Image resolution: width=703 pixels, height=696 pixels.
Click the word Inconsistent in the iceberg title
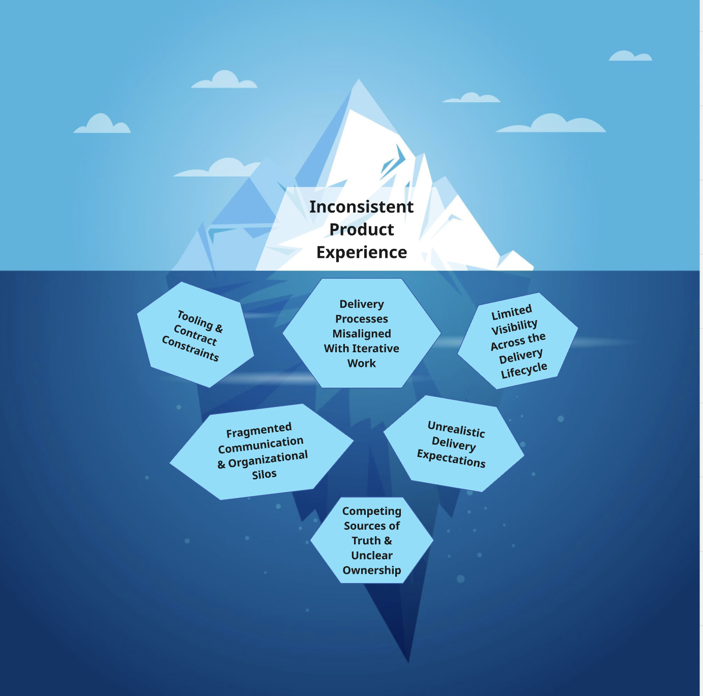click(x=361, y=207)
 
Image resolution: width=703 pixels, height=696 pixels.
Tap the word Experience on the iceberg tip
click(x=362, y=252)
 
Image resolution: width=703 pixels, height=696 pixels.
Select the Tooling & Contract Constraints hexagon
click(x=195, y=334)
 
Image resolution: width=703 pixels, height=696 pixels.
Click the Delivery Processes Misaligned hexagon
click(x=362, y=333)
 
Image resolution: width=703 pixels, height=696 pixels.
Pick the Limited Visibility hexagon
click(x=518, y=341)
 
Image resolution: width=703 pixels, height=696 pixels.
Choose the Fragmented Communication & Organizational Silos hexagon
click(x=261, y=451)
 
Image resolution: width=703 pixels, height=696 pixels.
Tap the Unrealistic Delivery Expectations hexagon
click(x=454, y=444)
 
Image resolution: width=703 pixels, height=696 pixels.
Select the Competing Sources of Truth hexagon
click(x=372, y=540)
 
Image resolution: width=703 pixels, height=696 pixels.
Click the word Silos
click(x=264, y=474)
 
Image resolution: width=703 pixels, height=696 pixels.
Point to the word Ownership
click(x=372, y=570)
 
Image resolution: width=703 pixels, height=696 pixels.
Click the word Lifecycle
click(x=524, y=370)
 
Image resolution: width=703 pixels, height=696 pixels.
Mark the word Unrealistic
click(x=456, y=429)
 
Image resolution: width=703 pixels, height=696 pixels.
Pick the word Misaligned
click(x=362, y=334)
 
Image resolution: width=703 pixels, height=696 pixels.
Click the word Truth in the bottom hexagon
click(x=366, y=540)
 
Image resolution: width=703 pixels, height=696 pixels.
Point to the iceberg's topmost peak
click(x=359, y=79)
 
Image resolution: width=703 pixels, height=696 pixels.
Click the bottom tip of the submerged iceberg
click(x=408, y=662)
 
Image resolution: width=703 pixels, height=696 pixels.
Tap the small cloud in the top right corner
click(x=630, y=56)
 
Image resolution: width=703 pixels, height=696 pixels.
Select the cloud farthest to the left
click(x=102, y=123)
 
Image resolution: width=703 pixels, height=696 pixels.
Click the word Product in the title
click(x=362, y=229)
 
